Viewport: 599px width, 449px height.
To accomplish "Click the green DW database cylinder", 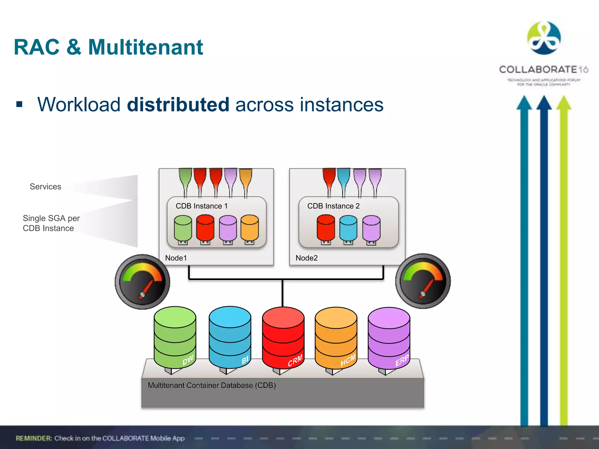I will pos(175,338).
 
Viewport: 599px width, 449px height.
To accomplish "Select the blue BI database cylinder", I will pos(230,338).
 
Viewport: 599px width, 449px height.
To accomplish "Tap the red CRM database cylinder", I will pos(283,338).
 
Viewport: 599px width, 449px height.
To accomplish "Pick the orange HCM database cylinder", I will pos(336,338).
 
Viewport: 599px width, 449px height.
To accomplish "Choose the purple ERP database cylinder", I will pos(389,338).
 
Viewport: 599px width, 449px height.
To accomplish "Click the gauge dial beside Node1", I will pos(142,282).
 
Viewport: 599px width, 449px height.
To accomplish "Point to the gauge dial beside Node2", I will pos(423,281).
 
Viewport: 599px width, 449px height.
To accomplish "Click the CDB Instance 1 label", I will pos(202,206).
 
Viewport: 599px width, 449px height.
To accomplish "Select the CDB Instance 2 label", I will pos(333,206).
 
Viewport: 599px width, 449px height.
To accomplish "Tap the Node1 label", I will pos(176,258).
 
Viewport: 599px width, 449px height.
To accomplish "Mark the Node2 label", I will pos(307,258).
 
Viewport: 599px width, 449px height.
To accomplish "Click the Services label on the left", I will pos(45,186).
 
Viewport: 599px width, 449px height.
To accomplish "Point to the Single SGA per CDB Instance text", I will pos(51,223).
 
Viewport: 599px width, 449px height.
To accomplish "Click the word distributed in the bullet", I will pos(178,105).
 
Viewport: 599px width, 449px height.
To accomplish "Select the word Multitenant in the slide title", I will pos(146,47).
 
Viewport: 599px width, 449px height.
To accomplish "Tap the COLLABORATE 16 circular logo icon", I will pos(544,38).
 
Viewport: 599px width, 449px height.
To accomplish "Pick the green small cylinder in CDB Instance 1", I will pos(183,228).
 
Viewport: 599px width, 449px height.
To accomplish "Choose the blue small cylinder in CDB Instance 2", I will pos(348,228).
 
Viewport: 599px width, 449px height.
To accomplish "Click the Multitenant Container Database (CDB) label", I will pos(212,385).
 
